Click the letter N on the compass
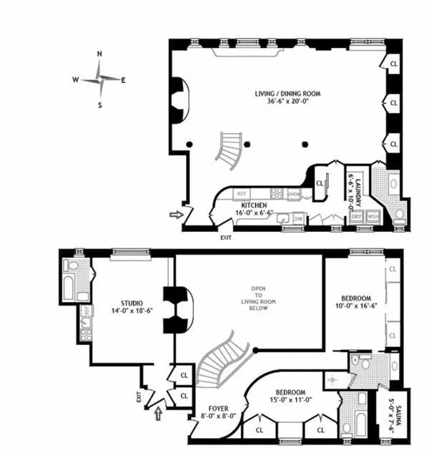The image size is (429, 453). [x=99, y=54]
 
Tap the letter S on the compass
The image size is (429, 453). [x=99, y=105]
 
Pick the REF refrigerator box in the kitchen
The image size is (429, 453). [x=242, y=193]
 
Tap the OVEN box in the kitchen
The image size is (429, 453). [x=293, y=193]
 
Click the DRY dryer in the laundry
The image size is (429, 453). [x=355, y=216]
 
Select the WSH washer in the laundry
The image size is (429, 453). [x=372, y=216]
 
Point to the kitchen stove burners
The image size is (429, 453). [x=275, y=193]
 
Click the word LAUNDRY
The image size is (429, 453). [x=359, y=179]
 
